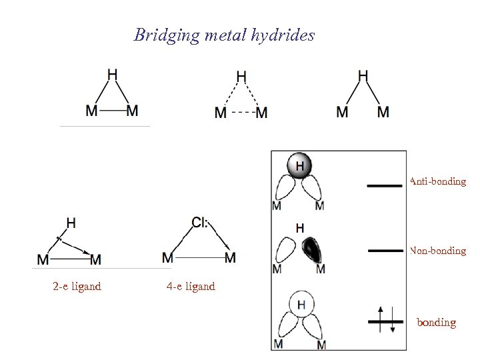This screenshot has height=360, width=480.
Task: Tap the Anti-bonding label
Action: (x=438, y=181)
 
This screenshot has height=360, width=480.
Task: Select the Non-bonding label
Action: (x=438, y=251)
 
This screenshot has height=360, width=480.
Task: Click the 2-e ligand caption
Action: (x=77, y=287)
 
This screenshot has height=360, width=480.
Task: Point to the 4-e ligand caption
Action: (x=191, y=287)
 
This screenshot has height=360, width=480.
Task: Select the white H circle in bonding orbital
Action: (x=301, y=305)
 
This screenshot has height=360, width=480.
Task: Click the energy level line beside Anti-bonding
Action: (x=385, y=186)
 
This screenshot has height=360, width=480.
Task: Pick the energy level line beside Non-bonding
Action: (x=385, y=251)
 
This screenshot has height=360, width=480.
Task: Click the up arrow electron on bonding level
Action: (x=380, y=317)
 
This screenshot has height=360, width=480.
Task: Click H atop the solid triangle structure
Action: (x=113, y=75)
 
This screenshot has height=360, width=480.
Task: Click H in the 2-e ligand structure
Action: (x=71, y=223)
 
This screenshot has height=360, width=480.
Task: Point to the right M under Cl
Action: (x=230, y=257)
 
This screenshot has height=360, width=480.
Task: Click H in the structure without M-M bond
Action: (x=363, y=75)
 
